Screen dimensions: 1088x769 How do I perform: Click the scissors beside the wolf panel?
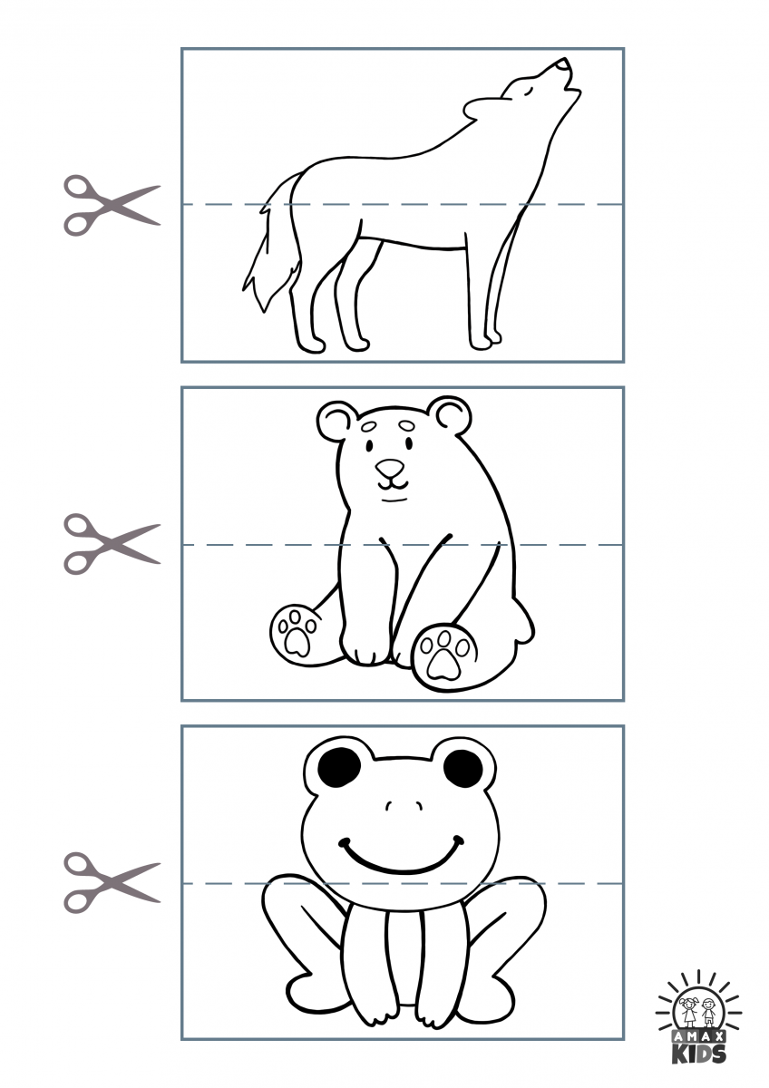coord(110,205)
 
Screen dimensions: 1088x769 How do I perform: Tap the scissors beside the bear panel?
coord(110,544)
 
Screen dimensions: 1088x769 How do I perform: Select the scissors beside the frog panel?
coord(110,882)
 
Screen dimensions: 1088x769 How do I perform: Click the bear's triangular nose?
coord(390,469)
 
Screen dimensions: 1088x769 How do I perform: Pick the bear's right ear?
coord(451,415)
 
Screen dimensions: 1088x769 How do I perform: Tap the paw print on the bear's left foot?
coord(297,633)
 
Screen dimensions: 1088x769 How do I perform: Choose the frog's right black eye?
coord(463,769)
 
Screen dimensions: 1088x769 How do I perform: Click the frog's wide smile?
coord(402,857)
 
